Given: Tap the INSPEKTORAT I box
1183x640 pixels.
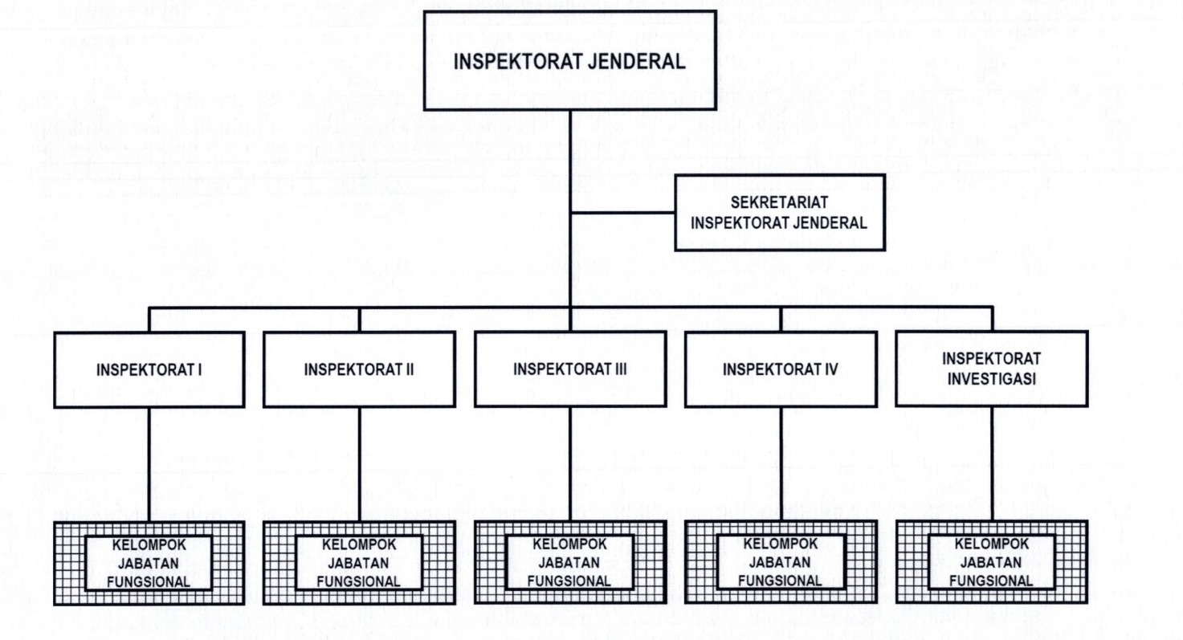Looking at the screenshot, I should point(150,370).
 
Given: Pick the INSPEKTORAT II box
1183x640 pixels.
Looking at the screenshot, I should point(359,370).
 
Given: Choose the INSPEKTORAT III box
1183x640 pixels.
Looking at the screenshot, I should point(569,369).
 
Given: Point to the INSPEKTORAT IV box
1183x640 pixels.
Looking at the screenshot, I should point(781,370).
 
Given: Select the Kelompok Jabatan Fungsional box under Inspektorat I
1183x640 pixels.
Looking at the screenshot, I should point(150,561).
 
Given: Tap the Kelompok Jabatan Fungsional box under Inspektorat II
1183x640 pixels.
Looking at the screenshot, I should point(360,561).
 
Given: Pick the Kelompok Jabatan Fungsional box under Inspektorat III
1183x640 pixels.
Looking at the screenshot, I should point(569,561).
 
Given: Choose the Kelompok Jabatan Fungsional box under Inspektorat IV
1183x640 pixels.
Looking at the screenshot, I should point(781,561).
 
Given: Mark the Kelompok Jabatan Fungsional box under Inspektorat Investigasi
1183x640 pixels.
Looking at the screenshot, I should point(992,561).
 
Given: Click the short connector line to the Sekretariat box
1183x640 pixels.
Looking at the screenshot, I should point(622,213).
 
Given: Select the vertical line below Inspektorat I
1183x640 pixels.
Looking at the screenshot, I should point(150,464).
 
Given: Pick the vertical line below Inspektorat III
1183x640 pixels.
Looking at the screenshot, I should point(569,464).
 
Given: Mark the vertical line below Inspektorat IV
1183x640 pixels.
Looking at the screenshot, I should point(781,464).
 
